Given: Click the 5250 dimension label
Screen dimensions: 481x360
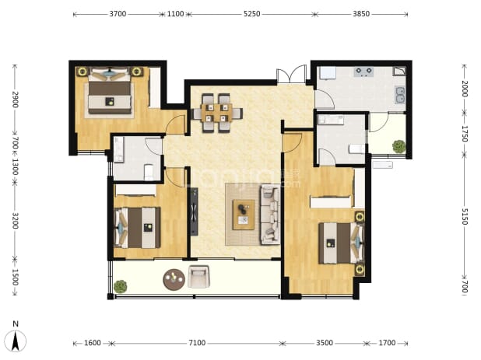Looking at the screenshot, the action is [252, 14].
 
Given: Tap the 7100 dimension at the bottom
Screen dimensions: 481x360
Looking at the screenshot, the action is [197, 343].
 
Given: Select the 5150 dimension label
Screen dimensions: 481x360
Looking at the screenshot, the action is [465, 216].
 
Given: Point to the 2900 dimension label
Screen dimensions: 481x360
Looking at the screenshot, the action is [15, 100].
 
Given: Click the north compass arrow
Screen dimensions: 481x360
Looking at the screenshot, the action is [16, 341].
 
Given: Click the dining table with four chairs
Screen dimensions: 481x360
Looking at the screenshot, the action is [217, 113].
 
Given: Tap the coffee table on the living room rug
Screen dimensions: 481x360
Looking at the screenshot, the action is [244, 215].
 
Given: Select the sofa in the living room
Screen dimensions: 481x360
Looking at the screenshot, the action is [270, 215].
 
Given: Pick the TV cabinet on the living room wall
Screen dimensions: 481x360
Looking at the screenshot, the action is [194, 211].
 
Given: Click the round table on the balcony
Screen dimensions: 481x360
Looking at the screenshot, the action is [174, 279].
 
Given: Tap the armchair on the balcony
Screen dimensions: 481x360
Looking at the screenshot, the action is [198, 277].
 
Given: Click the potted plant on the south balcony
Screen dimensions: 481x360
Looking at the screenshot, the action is [120, 286].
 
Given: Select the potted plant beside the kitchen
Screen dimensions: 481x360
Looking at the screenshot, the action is [399, 146].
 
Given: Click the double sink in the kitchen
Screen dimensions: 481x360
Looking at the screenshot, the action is [400, 95].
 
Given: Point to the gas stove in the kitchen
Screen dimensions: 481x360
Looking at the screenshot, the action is [363, 72].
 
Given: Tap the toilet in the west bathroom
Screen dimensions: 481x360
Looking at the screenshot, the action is [149, 173].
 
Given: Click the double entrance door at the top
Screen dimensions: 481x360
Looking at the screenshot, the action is [291, 74].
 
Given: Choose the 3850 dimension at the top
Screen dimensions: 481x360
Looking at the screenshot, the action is [361, 14].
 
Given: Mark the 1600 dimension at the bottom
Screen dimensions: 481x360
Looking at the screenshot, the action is [93, 343].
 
